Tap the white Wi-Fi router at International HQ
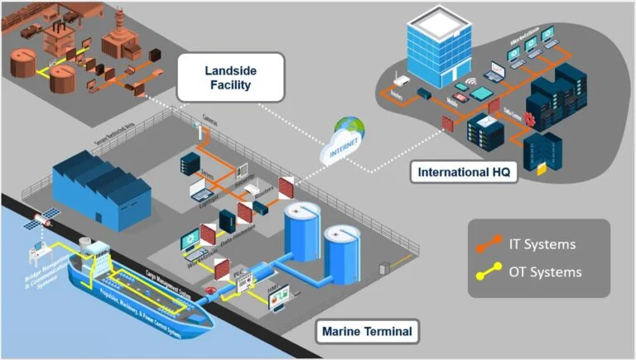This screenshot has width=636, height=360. tap(397, 80)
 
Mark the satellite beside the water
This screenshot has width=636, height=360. tap(41, 220)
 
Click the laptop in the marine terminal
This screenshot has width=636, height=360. tap(201, 193)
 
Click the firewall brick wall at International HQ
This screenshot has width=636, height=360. tap(447, 123)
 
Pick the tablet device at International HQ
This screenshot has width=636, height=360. tap(461, 87)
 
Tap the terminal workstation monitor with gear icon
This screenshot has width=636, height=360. tap(191, 239)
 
